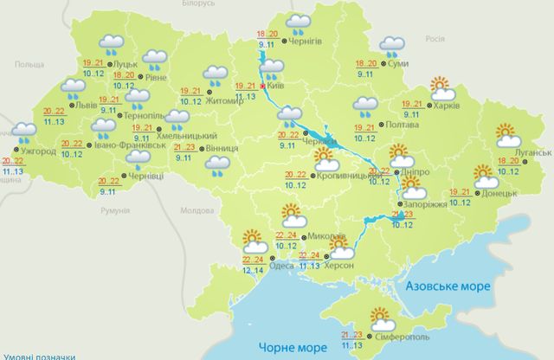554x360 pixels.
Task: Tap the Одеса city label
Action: [281, 267]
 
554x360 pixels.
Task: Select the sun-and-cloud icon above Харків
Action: [442, 89]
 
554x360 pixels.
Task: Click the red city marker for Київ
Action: [263, 87]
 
